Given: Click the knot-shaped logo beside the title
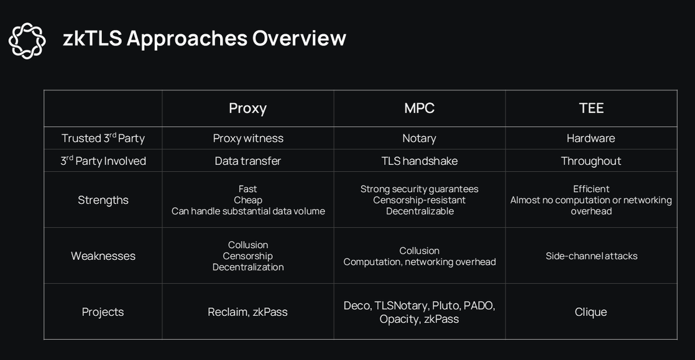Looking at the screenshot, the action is click(x=27, y=40).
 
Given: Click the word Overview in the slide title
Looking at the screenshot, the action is click(x=299, y=38).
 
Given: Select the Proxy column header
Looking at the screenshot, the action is click(x=248, y=108).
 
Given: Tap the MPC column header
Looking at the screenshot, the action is click(x=420, y=108).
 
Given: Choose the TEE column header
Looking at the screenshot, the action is click(x=591, y=108).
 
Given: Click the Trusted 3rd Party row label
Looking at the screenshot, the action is click(x=103, y=138).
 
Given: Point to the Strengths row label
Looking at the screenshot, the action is click(x=103, y=200).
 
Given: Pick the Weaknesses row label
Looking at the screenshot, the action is click(x=103, y=256).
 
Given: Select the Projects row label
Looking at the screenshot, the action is click(x=103, y=312).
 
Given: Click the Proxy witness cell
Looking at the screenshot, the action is click(x=248, y=138).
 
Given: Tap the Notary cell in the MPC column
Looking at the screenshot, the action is click(x=420, y=138).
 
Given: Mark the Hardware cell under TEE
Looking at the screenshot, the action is click(x=591, y=138).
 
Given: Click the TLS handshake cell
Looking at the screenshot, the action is click(x=420, y=161).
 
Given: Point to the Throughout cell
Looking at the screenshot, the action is click(x=591, y=161).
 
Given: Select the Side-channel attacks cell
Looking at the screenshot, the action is click(x=591, y=256).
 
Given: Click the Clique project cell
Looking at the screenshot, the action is click(x=591, y=312).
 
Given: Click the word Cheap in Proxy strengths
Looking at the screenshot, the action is click(x=248, y=200).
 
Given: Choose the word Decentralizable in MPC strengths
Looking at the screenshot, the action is click(x=420, y=211).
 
